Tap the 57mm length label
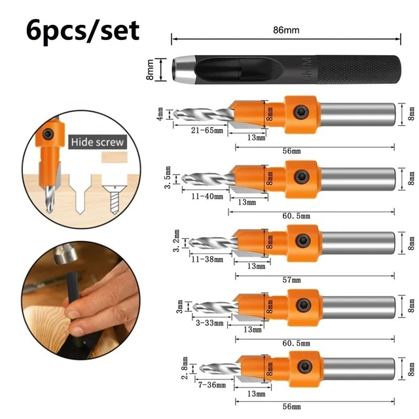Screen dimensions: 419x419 [x=292, y=280]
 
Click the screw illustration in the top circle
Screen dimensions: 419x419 [x=111, y=178]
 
